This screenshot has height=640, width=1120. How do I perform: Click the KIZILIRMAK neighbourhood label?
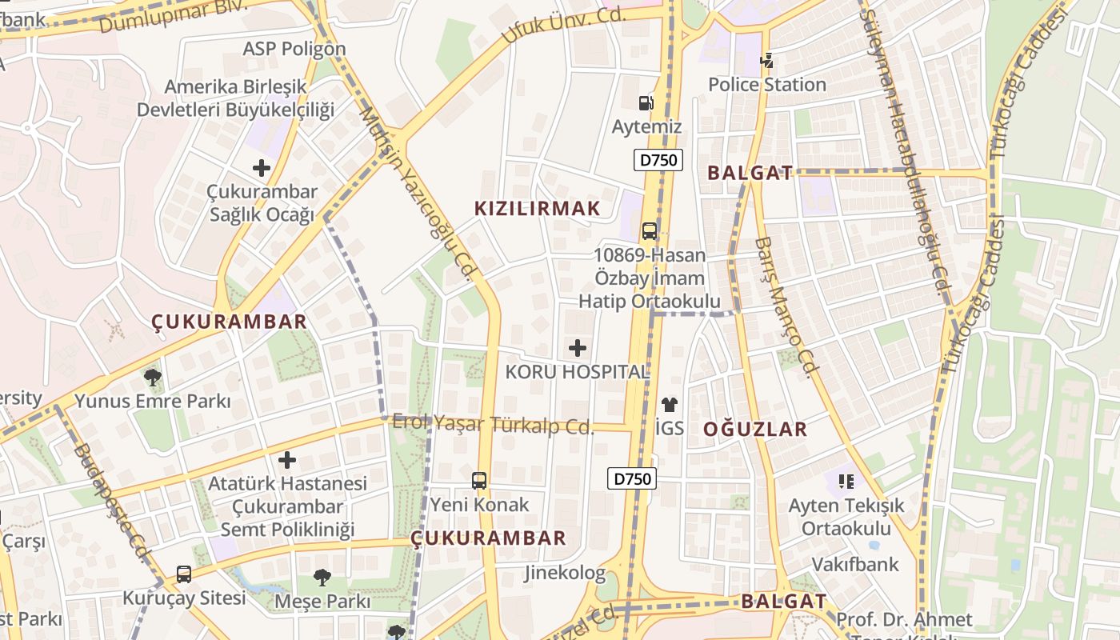(x=537, y=209)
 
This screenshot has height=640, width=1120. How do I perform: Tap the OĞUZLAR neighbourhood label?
(x=755, y=430)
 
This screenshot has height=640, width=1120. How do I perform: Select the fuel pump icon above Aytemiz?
(x=646, y=102)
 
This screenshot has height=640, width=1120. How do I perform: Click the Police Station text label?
(x=766, y=84)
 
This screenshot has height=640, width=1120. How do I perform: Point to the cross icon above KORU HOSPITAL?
(x=577, y=348)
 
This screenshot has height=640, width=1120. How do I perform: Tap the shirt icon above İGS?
(x=670, y=405)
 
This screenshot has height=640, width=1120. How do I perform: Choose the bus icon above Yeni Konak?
(x=479, y=481)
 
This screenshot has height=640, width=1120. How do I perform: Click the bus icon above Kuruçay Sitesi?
(x=184, y=574)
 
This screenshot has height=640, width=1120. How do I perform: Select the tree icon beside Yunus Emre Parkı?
(x=152, y=377)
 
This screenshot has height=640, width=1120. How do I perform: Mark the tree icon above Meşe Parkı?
(x=322, y=577)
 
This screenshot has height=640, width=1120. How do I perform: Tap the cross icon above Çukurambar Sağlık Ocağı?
(x=261, y=168)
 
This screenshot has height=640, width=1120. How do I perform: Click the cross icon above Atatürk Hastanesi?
(x=287, y=460)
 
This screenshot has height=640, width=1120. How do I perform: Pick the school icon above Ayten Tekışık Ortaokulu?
(x=846, y=481)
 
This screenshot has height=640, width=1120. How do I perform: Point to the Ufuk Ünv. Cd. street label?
(x=563, y=26)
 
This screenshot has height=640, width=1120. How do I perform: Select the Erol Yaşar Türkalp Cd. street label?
(x=493, y=424)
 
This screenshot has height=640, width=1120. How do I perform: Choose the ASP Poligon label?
(x=294, y=49)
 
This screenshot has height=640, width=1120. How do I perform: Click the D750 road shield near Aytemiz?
(x=658, y=160)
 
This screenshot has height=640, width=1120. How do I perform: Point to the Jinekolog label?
(x=565, y=573)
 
